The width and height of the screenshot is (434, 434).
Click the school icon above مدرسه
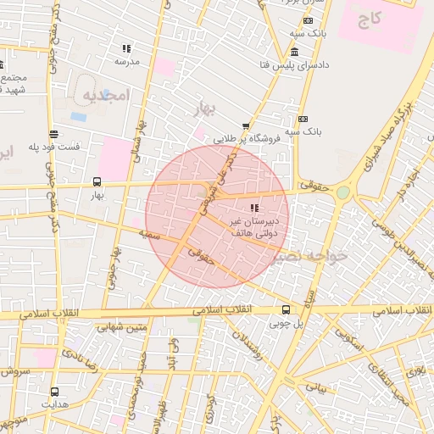[127, 48]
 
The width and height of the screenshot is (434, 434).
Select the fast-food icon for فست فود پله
[54, 134]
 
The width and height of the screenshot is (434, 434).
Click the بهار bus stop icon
[97, 181]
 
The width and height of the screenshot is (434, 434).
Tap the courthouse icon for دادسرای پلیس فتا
[294, 52]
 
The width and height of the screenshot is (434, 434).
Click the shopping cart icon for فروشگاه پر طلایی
[246, 126]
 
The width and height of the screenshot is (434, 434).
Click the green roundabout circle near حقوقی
[342, 193]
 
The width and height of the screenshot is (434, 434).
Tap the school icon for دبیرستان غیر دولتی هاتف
[254, 208]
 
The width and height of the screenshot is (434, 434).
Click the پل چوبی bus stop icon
[286, 309]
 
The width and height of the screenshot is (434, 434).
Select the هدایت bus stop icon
[55, 392]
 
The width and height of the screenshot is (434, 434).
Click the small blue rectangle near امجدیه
[78, 116]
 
